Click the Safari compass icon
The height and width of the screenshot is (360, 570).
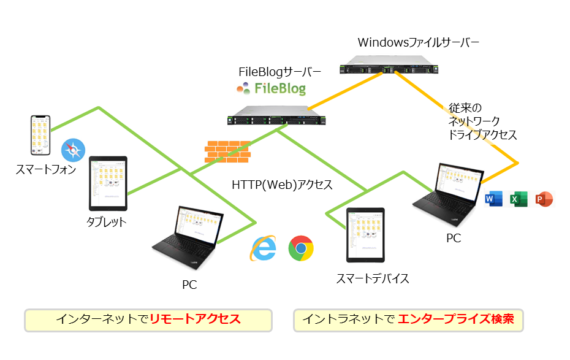[73, 150]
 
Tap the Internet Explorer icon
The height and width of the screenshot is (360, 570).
[263, 248]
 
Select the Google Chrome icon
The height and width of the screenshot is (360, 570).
[301, 248]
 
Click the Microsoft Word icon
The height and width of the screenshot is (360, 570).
[493, 199]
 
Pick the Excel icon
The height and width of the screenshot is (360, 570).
[519, 199]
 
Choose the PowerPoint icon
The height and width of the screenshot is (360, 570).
[544, 199]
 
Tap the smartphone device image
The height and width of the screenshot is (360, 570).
[39, 135]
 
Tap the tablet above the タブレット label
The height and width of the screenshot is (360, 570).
[108, 183]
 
